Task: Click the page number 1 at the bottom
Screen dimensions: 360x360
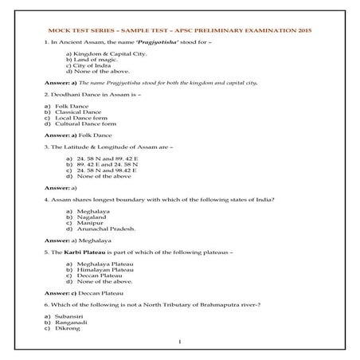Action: coord(180,342)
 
